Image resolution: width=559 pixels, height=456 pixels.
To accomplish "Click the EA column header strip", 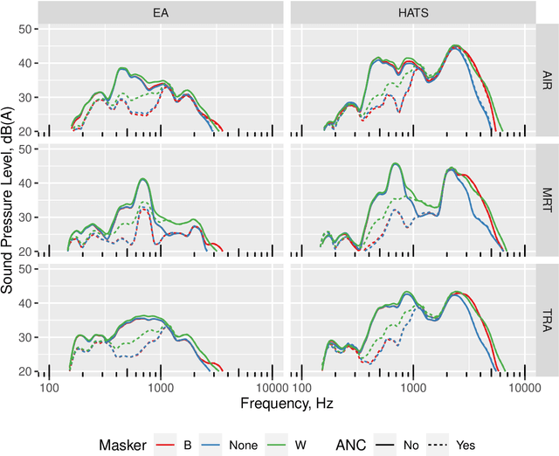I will point(162,11).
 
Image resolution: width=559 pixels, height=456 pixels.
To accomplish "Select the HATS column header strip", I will point(412,11).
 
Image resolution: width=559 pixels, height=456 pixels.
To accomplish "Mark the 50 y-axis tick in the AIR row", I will point(25,29).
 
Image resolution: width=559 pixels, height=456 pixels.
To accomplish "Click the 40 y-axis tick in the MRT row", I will point(25,183).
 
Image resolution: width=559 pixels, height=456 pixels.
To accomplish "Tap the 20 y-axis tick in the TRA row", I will point(25,371).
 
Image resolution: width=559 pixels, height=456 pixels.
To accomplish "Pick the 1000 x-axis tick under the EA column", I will point(161,387).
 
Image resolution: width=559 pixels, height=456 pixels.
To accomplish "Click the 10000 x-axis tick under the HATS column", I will point(522,387).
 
